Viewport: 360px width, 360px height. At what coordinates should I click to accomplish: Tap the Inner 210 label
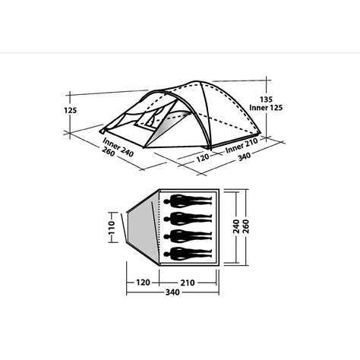click(244, 144)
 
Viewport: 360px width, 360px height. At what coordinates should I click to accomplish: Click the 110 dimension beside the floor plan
click(111, 227)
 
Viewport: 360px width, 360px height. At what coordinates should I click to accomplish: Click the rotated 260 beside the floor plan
click(248, 226)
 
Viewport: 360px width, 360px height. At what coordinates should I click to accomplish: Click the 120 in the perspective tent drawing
click(202, 158)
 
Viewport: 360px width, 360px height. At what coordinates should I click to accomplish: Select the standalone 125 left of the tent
click(71, 110)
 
